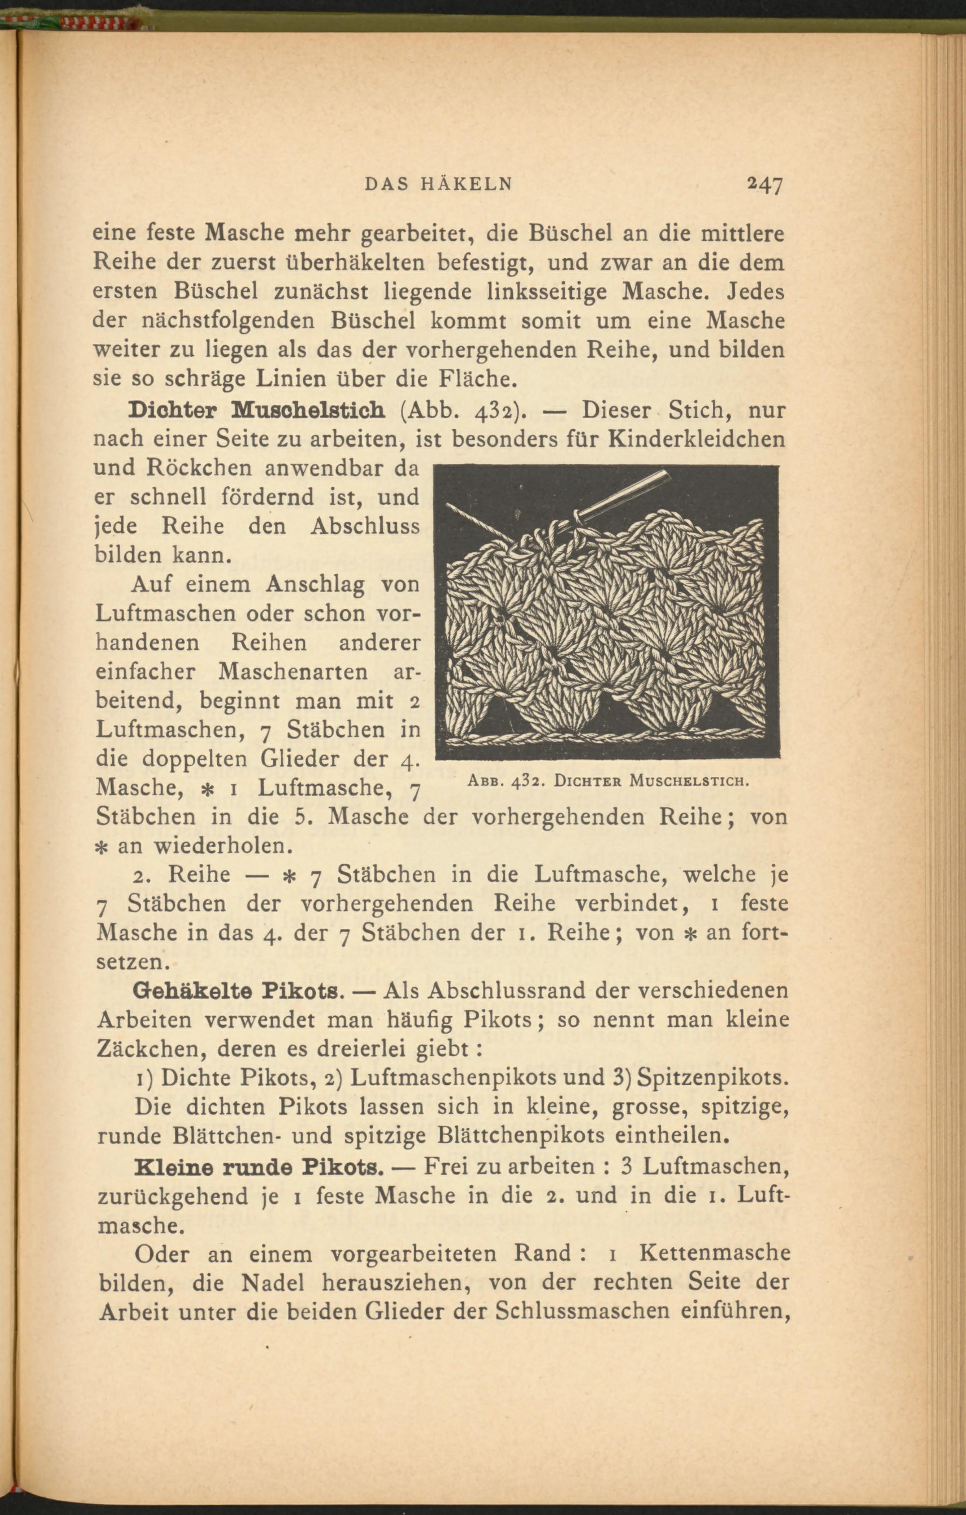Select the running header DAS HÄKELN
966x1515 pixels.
point(439,184)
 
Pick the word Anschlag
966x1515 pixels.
point(315,585)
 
